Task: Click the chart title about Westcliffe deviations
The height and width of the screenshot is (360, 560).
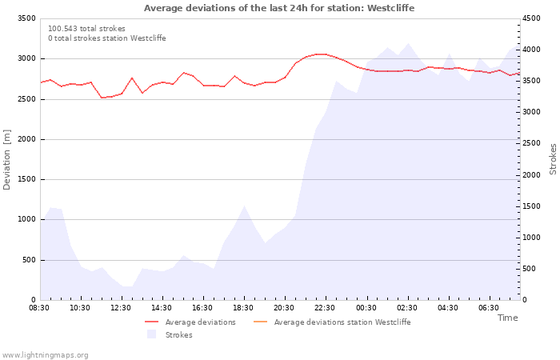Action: (x=279, y=8)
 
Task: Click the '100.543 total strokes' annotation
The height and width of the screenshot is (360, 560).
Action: (x=86, y=29)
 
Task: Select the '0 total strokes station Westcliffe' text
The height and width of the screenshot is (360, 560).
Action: (x=106, y=38)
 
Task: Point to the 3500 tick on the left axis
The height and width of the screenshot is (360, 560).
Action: (x=26, y=18)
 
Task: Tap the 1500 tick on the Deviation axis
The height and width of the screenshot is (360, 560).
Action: (x=26, y=179)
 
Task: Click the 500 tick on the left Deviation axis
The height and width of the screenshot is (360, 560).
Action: (x=29, y=260)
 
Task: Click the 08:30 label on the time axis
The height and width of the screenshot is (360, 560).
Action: (x=39, y=308)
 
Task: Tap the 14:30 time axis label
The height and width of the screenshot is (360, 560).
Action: (x=162, y=308)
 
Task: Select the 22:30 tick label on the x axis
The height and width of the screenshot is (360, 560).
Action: (x=325, y=308)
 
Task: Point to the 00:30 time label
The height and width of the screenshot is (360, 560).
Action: (x=366, y=308)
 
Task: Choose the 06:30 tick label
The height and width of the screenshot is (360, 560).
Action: (x=488, y=308)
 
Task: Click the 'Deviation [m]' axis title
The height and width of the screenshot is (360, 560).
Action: (x=8, y=159)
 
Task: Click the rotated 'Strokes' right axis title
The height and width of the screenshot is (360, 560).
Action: (x=553, y=159)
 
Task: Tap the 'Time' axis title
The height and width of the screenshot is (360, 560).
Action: (x=507, y=318)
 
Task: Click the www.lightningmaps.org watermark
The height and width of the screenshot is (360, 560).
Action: (x=46, y=354)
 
